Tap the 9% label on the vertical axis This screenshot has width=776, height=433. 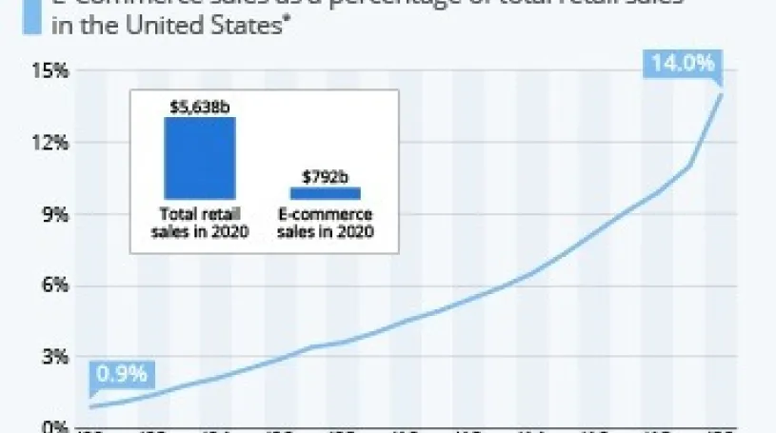click(55, 214)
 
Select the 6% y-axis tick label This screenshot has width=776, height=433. click(55, 285)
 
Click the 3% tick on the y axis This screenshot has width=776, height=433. click(55, 357)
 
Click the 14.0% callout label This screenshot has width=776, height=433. click(683, 65)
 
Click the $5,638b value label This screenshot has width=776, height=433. click(200, 107)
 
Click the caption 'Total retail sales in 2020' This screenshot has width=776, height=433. click(200, 222)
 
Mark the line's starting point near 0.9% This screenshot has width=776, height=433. click(90, 407)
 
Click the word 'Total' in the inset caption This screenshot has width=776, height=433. click(181, 214)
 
